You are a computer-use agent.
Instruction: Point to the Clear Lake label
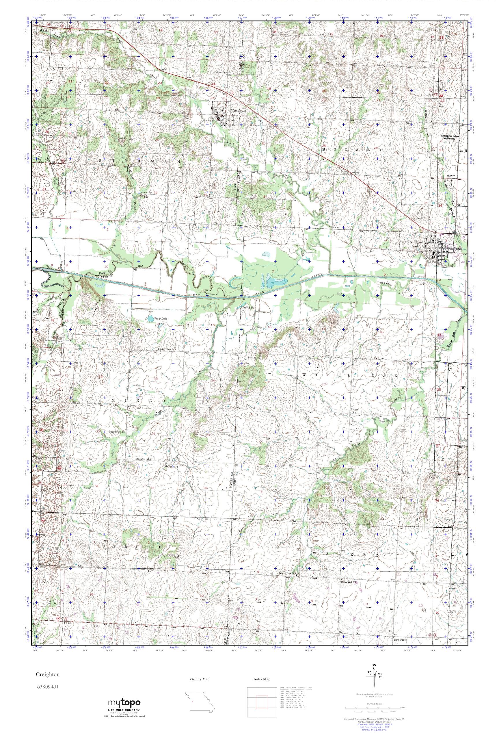(x=248, y=308)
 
